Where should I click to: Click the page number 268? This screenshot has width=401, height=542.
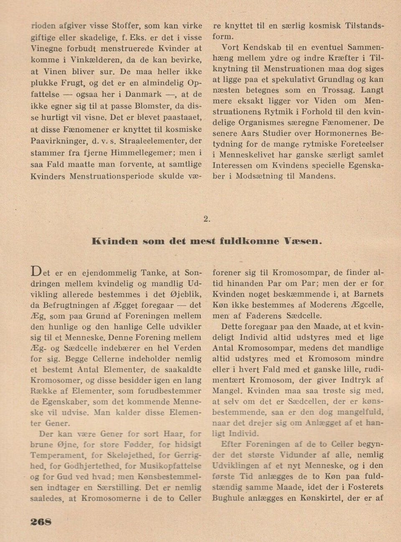click(41, 522)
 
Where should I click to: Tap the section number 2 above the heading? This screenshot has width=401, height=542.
click(206, 218)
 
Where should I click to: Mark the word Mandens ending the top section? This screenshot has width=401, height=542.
click(317, 176)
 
